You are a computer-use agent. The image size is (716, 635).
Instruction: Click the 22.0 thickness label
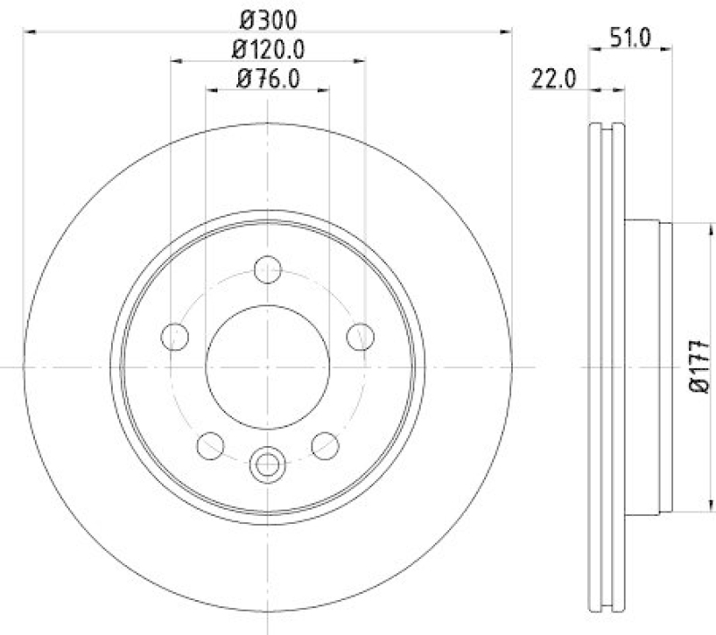(551, 79)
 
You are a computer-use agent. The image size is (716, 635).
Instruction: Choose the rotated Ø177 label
(699, 366)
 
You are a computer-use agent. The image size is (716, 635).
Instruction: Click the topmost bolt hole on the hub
(268, 269)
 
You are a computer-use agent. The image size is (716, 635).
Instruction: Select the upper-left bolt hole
(175, 337)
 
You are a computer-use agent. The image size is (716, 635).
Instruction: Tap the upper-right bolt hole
(360, 337)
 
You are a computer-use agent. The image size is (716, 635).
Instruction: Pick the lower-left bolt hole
(210, 444)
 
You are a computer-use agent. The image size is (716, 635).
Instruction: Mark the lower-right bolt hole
(325, 444)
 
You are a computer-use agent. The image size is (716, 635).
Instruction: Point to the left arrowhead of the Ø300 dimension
(28, 31)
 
